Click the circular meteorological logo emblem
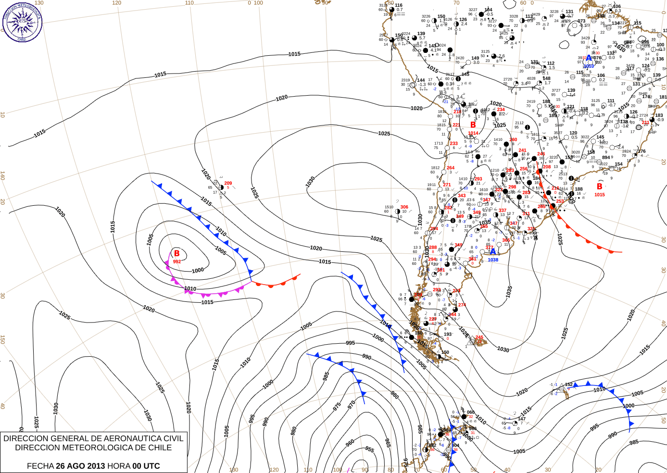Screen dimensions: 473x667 coord(22,22)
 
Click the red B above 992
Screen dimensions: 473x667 coord(176,253)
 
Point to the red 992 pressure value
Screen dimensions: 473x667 coord(176,261)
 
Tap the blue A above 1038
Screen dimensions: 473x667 coord(492,251)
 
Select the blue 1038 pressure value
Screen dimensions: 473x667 coord(493,260)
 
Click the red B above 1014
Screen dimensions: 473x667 coord(473,125)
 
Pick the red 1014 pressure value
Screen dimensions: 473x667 coord(473,133)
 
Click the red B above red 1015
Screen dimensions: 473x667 coord(599,187)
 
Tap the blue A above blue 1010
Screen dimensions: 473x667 coord(589,58)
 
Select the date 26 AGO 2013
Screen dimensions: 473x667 coord(80,466)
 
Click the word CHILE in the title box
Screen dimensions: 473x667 coord(159,448)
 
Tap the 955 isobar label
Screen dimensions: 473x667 coord(369,449)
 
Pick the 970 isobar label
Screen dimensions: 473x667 coord(352,404)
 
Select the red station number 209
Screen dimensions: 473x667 coord(228,183)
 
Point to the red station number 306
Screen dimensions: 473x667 coord(404,207)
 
